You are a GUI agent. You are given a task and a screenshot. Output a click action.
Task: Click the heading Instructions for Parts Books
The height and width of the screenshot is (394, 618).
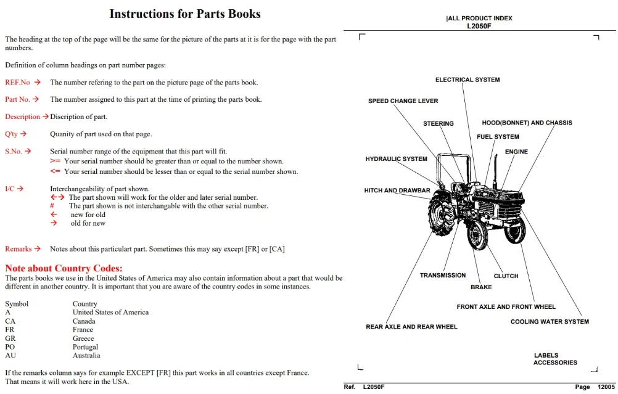185,14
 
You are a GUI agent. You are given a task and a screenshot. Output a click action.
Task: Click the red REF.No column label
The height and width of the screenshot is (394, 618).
17,83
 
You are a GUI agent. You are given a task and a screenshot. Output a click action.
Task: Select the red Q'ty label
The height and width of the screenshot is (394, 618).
11,134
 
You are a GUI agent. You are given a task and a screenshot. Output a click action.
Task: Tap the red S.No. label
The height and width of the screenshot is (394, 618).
14,151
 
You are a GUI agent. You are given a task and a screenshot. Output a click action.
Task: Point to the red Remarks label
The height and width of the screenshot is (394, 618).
18,249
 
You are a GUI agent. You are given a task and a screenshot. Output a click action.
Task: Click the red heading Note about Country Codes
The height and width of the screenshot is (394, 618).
64,268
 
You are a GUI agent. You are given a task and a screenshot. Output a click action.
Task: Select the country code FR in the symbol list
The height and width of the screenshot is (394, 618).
9,330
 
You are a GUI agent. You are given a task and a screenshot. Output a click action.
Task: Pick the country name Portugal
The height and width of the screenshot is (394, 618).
85,347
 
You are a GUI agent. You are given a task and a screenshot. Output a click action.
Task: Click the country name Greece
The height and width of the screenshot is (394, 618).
83,339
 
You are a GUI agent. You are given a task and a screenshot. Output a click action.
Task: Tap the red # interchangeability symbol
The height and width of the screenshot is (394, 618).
52,206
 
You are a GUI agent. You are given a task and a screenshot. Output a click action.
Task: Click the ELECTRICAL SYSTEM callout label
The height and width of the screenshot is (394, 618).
468,80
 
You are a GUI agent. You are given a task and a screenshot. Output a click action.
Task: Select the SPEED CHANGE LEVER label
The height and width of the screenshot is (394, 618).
403,101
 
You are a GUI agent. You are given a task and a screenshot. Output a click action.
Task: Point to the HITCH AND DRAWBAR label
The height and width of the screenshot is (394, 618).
397,191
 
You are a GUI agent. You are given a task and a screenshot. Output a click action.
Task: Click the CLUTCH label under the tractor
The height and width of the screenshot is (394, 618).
506,276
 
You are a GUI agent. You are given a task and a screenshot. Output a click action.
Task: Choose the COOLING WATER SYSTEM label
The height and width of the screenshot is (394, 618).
550,321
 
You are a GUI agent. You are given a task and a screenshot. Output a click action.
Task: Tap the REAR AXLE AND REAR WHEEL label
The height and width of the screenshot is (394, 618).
411,327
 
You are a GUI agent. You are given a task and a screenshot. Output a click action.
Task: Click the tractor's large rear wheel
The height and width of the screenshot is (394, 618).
442,213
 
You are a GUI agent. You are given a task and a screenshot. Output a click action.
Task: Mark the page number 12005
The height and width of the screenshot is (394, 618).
606,387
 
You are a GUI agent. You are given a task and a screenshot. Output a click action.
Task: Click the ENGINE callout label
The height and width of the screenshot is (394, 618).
516,152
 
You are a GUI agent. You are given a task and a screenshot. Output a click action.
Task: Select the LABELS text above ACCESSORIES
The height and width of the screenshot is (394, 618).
546,355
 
